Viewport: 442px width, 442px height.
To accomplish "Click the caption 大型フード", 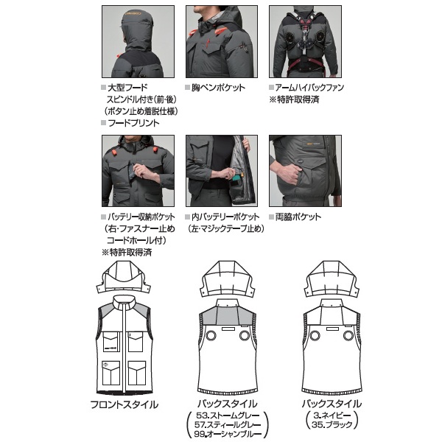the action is pyautogui.click(x=127, y=88).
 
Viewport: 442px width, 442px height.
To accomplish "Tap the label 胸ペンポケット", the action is pyautogui.click(x=219, y=88).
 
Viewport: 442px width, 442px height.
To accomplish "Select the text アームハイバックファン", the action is pyautogui.click(x=309, y=88).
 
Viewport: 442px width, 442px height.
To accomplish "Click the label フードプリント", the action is pyautogui.click(x=134, y=123).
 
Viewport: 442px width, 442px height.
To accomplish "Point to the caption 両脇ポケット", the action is pyautogui.click(x=298, y=217).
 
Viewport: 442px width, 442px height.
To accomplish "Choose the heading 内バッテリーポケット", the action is pyautogui.click(x=225, y=217).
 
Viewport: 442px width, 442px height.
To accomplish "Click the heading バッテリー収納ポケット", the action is pyautogui.click(x=141, y=217).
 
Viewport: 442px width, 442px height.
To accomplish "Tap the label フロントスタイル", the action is pyautogui.click(x=124, y=404).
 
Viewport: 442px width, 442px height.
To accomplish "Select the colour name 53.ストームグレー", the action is pyautogui.click(x=228, y=415).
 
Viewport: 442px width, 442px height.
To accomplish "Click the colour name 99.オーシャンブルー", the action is pyautogui.click(x=228, y=434).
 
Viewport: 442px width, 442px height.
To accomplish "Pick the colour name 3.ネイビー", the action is pyautogui.click(x=332, y=415).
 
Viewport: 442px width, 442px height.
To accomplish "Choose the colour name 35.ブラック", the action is pyautogui.click(x=332, y=424).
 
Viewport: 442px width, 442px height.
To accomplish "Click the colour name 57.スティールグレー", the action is pyautogui.click(x=228, y=424).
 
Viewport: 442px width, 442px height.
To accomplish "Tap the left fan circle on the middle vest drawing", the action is pyautogui.click(x=211, y=336).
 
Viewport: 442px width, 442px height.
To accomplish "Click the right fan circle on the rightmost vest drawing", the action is pyautogui.click(x=348, y=336).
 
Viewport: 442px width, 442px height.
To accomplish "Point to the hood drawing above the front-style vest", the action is pyautogui.click(x=124, y=278).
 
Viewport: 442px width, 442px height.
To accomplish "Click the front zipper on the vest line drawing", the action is pyautogui.click(x=124, y=348).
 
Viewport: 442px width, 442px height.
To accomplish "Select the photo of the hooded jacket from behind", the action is pyautogui.click(x=138, y=41).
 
